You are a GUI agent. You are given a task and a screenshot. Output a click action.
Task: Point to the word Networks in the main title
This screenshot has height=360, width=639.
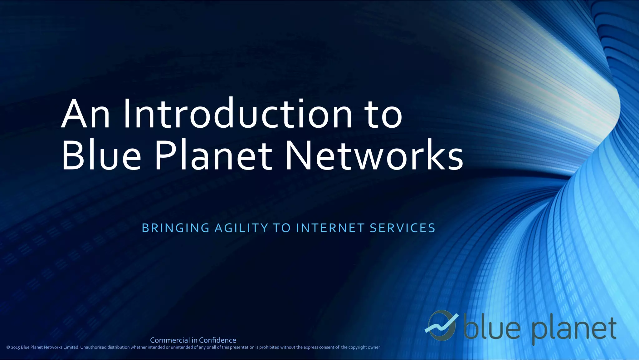374,155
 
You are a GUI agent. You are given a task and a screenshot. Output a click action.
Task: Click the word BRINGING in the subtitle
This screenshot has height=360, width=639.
176,228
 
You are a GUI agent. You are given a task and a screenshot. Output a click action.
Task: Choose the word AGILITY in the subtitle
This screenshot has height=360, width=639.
241,228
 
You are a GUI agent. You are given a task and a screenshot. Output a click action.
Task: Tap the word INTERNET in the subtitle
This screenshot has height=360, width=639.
330,228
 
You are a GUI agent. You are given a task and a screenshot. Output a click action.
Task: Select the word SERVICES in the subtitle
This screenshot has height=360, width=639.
402,228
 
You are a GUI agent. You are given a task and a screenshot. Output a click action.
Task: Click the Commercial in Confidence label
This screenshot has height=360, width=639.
193,340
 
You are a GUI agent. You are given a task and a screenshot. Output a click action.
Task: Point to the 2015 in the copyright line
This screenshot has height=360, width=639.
15,348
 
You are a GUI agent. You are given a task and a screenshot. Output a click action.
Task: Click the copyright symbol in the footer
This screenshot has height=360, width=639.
8,348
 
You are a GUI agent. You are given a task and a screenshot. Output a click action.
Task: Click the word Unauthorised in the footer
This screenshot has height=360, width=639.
93,347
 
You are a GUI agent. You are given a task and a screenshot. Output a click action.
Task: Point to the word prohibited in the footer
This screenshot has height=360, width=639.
269,347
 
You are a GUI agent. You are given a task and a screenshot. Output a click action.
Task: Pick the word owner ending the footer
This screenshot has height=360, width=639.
374,347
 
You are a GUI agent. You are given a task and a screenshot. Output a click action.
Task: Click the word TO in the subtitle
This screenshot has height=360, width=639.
282,228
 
